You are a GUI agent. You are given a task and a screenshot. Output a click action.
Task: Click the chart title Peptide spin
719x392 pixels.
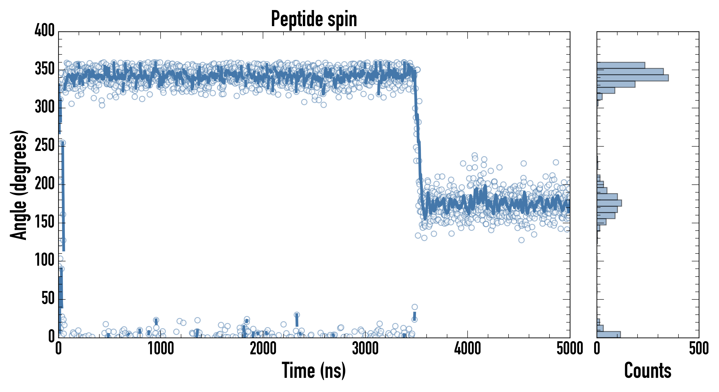[x=314, y=19]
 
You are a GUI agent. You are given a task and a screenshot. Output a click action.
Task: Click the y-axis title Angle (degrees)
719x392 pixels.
[x=19, y=185]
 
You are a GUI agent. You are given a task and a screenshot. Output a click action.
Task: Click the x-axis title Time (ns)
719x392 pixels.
[x=314, y=370]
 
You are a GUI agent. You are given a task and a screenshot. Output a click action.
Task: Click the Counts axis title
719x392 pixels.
[x=648, y=370]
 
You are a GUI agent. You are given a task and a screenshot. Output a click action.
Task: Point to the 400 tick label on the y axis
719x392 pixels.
[x=45, y=30]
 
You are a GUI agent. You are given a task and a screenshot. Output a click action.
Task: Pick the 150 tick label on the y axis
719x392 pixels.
[x=45, y=222]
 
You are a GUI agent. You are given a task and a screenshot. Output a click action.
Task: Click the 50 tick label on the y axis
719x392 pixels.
[x=48, y=298]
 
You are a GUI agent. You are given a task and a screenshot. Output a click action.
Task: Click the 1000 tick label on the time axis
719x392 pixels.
[x=161, y=349]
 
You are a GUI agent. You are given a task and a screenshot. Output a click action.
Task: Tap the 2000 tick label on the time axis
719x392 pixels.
[x=263, y=349]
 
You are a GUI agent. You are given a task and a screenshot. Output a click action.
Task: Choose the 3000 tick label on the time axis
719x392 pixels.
[x=365, y=349]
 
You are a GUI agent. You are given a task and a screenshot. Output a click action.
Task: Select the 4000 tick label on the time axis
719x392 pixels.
[x=468, y=349]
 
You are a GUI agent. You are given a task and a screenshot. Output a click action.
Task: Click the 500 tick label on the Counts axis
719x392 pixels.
[x=699, y=349]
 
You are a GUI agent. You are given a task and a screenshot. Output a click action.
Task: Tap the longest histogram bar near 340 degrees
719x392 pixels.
[x=633, y=78]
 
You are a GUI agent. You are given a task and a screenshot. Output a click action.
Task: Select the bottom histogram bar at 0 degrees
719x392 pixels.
[x=609, y=334]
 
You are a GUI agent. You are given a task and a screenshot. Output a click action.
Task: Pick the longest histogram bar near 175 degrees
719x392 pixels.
[x=609, y=203]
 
